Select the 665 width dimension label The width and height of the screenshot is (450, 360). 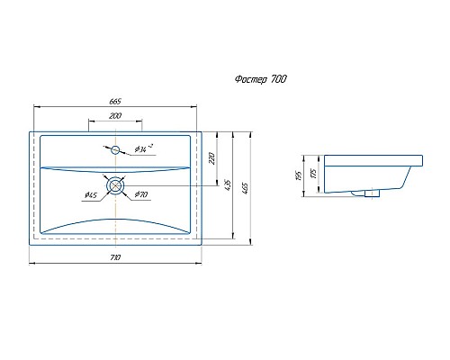(x=115, y=101)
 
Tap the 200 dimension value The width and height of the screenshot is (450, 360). (x=115, y=117)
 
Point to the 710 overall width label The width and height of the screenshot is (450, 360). (x=115, y=257)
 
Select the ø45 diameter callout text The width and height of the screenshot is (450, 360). (x=91, y=195)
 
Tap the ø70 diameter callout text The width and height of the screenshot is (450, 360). (x=141, y=195)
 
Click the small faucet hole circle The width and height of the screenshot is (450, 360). (x=116, y=148)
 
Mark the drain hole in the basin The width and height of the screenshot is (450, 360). (x=116, y=184)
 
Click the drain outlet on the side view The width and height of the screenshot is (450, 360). (x=370, y=192)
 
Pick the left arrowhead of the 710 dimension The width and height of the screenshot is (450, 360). (x=33, y=264)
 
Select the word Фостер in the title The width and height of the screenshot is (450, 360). (x=247, y=79)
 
